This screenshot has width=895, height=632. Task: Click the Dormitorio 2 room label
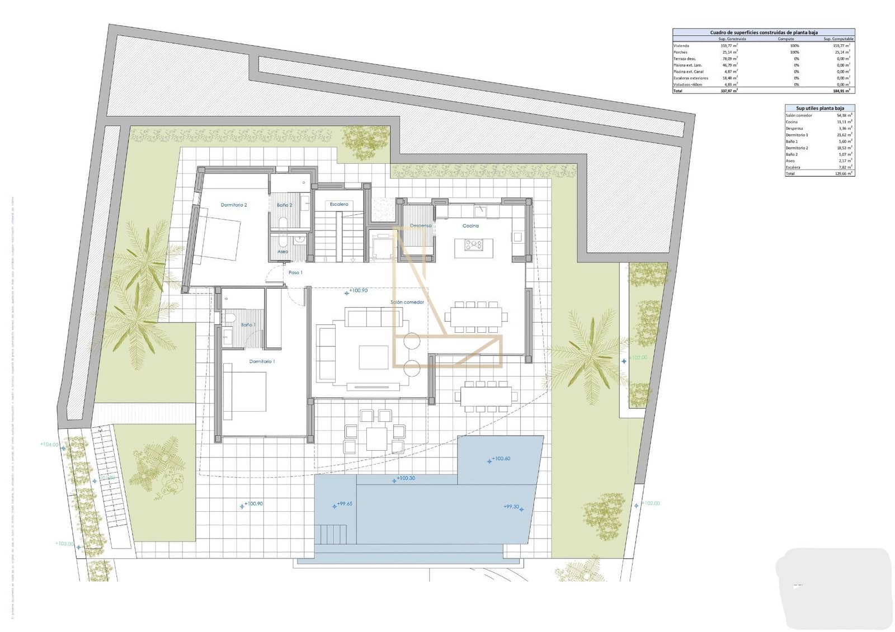point(233,205)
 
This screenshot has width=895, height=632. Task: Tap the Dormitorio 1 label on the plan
point(262,362)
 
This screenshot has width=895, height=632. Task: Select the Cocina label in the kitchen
point(470,226)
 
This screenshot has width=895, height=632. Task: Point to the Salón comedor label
point(407,302)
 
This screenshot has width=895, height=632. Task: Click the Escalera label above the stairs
point(339,205)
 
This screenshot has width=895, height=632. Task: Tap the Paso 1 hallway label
point(295,273)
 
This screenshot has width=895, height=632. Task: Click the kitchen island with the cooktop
point(474,245)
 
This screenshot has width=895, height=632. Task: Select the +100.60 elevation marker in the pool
point(499,459)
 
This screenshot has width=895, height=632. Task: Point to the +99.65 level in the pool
point(343,504)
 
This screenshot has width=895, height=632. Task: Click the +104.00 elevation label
point(49,445)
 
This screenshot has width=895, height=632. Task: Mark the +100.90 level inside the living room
point(357,291)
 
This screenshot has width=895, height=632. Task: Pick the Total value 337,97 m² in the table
point(729,91)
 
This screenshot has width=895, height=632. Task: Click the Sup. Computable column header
point(839,39)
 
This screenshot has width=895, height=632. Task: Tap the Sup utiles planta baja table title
point(819,109)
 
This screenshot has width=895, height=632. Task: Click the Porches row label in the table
point(680,52)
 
